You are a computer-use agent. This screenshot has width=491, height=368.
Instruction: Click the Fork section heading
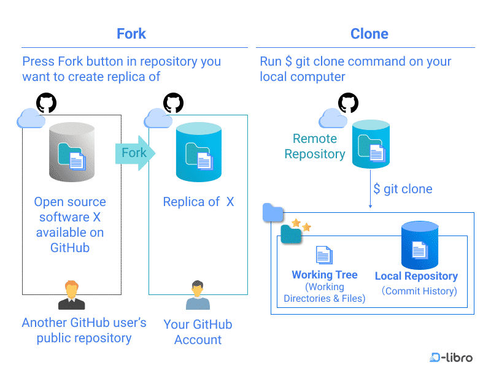pos(131,34)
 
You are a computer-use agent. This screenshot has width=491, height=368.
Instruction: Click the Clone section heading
pos(369,34)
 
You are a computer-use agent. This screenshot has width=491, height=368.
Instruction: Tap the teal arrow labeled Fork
pos(135,153)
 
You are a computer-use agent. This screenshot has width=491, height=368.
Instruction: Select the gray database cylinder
pos(72,152)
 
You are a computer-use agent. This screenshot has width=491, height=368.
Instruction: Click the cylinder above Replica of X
pos(199,152)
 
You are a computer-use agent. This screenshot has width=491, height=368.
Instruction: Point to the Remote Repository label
pos(315,146)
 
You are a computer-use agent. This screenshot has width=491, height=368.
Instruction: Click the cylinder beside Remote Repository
pos(371,144)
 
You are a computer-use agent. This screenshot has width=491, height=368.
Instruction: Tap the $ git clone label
pos(403,189)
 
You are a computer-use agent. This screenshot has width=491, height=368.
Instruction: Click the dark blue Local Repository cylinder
pos(420,245)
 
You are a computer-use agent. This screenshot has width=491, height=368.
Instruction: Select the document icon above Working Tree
pos(324,255)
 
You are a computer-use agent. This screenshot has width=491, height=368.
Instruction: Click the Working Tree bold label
pos(325,275)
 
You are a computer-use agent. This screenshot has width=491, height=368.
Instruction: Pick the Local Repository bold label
pos(416,276)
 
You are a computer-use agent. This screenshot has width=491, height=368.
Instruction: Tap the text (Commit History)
pos(419,291)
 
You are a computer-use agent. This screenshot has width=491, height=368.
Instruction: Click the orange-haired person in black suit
pos(72,295)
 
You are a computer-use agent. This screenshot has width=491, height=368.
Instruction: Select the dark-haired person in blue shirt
pos(198,295)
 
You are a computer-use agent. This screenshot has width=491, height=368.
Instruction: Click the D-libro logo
pos(451,357)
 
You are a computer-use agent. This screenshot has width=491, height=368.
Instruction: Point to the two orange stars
pos(301,225)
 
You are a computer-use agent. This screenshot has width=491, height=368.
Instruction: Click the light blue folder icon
pos(273,212)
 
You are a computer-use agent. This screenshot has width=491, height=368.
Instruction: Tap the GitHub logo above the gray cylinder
pos(47,102)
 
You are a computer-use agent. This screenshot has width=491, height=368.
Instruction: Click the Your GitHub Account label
pos(198,332)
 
